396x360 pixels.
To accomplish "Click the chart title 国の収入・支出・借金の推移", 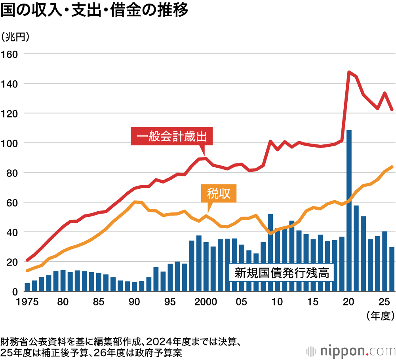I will click(x=94, y=11).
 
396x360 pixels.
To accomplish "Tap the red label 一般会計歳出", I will click(x=171, y=137).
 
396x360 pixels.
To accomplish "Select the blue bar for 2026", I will click(x=392, y=269).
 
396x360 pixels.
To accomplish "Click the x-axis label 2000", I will click(x=206, y=302).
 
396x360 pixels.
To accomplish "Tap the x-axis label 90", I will click(x=134, y=302).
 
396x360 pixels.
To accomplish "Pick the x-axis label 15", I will click(x=313, y=302).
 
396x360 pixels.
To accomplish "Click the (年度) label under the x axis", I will click(x=379, y=315).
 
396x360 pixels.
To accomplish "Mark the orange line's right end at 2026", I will click(x=392, y=167).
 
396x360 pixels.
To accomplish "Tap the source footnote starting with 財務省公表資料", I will click(x=119, y=341).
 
